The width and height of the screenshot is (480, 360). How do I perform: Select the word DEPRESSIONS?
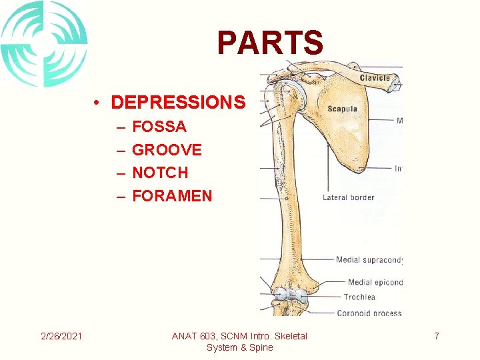(x=178, y=103)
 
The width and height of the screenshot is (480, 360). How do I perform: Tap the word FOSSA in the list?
(x=159, y=127)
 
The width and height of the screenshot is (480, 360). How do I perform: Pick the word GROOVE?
(x=167, y=150)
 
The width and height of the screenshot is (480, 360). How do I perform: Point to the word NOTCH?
(x=160, y=173)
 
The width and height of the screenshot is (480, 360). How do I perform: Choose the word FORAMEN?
(x=172, y=196)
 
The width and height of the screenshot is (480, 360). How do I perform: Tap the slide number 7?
(x=437, y=336)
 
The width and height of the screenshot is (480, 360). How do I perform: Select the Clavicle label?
(x=375, y=78)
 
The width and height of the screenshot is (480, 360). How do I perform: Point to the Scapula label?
(x=342, y=109)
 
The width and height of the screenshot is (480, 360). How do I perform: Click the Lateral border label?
(x=348, y=197)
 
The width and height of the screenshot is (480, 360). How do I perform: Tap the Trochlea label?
(x=359, y=297)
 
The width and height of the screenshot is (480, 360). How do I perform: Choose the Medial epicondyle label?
(x=375, y=283)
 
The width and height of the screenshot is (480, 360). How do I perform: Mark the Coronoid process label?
(x=369, y=313)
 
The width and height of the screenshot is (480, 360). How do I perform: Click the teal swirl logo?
(x=44, y=44)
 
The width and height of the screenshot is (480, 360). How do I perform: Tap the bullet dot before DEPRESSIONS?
(x=97, y=103)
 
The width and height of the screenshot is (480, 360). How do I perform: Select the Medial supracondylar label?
(x=369, y=260)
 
